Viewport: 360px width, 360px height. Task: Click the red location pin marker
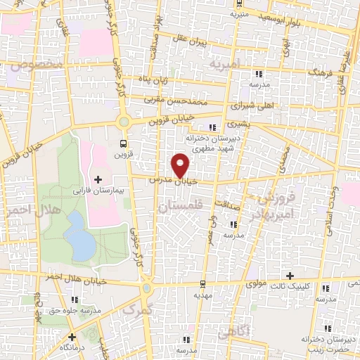point(181,167)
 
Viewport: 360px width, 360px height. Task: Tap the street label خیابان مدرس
point(172,181)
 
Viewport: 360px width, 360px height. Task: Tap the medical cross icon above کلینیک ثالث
point(289,275)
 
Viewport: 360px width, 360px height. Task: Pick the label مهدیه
point(202,296)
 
